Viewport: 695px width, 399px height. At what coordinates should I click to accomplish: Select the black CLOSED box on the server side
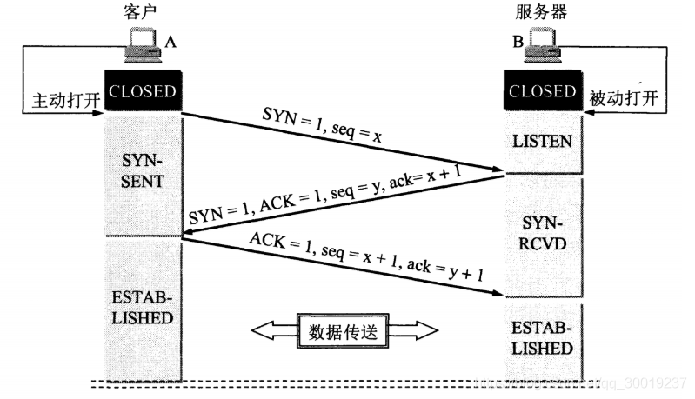pyautogui.click(x=542, y=91)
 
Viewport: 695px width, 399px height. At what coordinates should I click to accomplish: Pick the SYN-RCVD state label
pyautogui.click(x=542, y=234)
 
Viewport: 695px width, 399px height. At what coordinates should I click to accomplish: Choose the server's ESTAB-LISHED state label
pyautogui.click(x=542, y=339)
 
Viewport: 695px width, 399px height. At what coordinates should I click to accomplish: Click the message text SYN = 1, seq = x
pyautogui.click(x=321, y=126)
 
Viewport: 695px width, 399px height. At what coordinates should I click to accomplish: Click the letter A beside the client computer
pyautogui.click(x=170, y=41)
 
